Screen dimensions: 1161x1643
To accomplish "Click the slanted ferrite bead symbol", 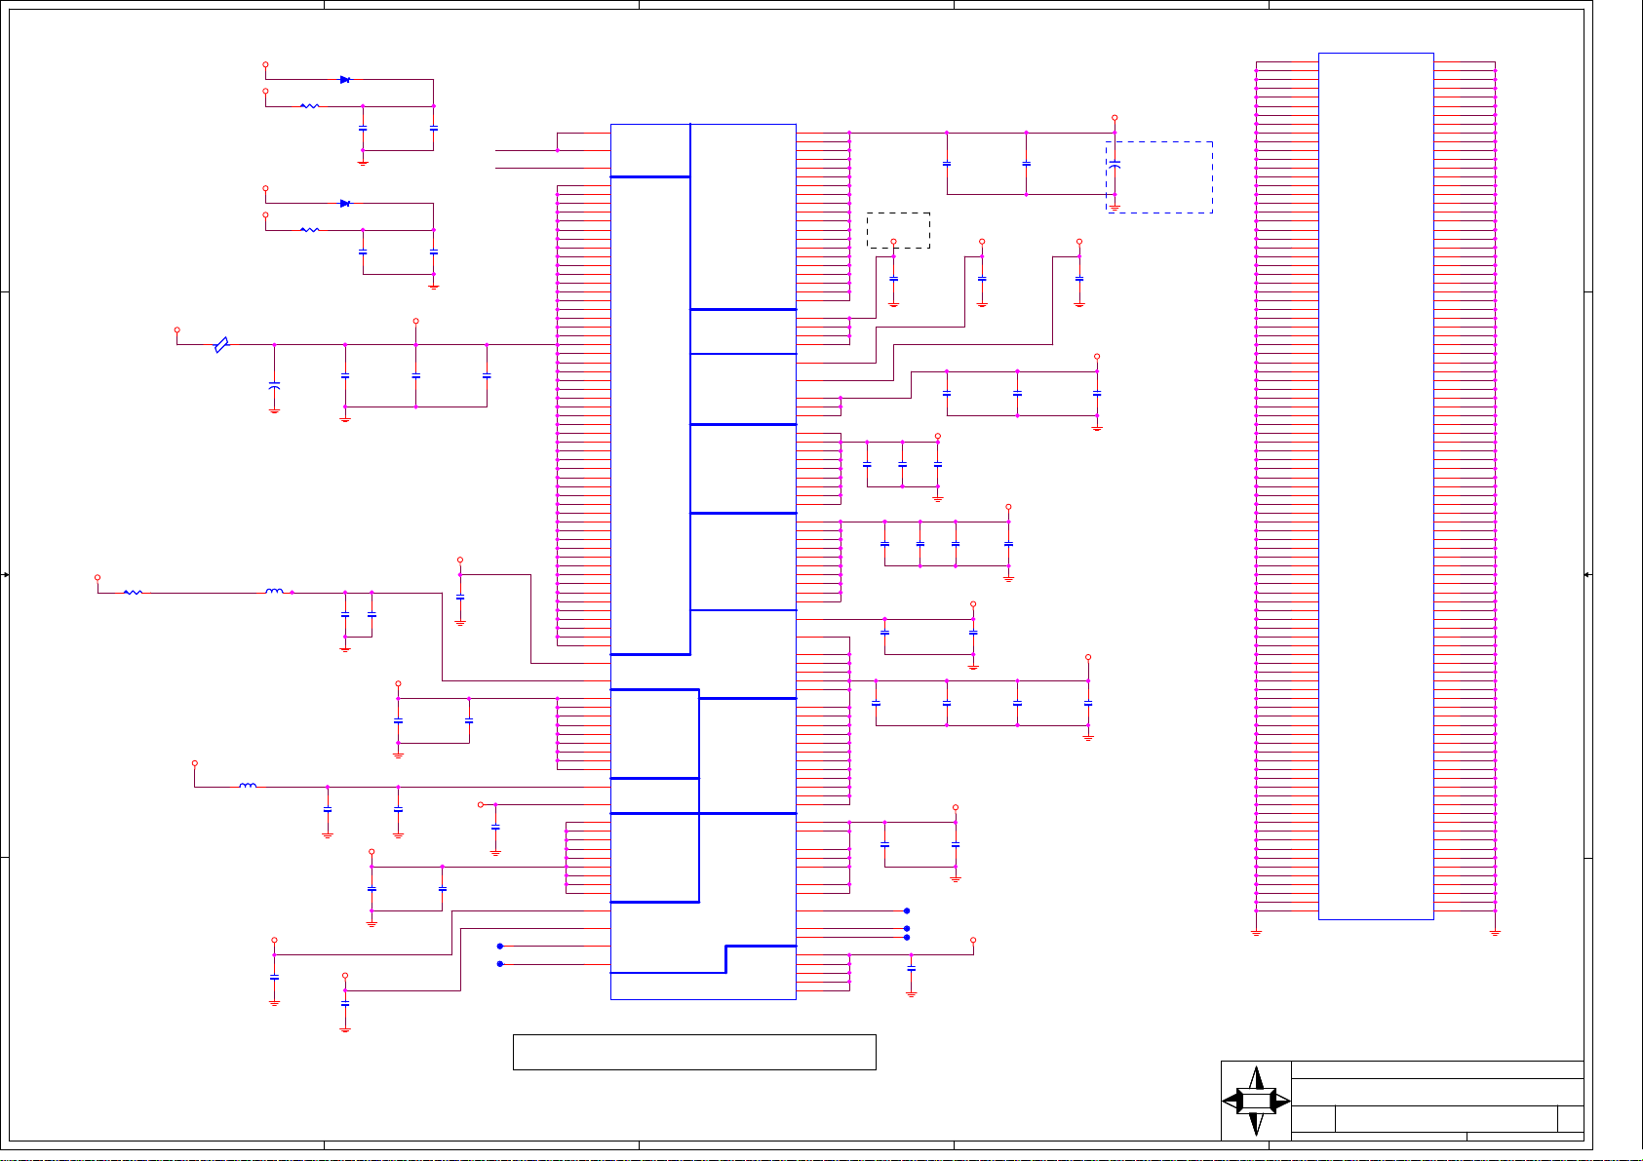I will [221, 344].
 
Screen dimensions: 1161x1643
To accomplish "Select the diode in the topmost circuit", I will [345, 80].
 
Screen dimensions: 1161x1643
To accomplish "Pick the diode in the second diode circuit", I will [345, 204].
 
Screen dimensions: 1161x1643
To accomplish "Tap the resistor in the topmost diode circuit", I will [309, 106].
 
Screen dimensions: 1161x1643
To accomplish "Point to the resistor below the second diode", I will [309, 230].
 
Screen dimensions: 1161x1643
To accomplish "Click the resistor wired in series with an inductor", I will [134, 592].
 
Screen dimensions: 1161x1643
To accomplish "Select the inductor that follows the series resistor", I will [275, 591].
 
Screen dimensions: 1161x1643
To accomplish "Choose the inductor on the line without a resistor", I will [248, 786].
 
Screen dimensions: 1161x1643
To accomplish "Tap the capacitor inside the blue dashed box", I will [1115, 165].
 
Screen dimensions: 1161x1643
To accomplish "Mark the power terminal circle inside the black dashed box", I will [893, 241].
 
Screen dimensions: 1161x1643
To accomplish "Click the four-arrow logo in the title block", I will [1256, 1101].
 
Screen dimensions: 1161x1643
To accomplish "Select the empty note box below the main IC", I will [693, 1052].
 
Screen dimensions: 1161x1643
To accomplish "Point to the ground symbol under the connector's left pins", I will [1256, 933].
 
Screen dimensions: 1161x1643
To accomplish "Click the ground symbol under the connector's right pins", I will [1495, 933].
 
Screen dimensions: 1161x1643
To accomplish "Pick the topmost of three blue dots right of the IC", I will [907, 910].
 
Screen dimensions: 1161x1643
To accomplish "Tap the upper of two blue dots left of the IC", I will [500, 946].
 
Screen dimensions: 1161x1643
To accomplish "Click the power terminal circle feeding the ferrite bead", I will [176, 329].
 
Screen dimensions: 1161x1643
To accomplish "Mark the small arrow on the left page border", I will [6, 575].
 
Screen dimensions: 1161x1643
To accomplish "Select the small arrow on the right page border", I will [1587, 575].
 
